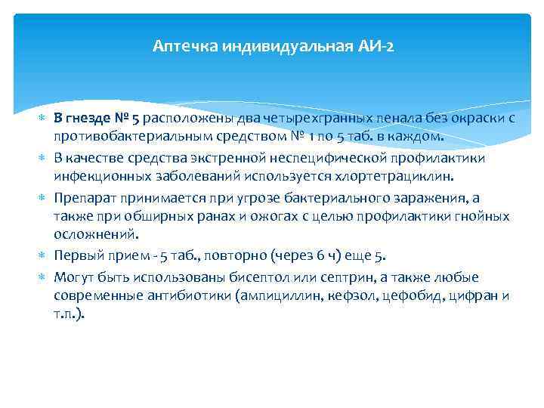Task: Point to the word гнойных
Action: pos(484,218)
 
